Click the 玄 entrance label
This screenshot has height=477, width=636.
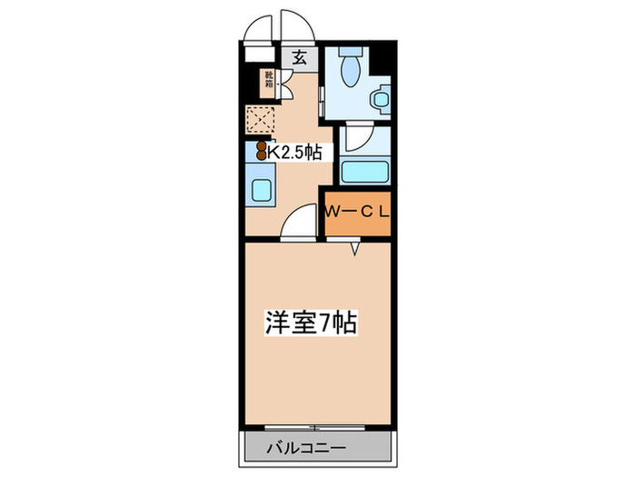(x=300, y=56)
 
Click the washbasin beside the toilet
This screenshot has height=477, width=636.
(x=380, y=97)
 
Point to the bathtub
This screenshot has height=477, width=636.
(x=364, y=171)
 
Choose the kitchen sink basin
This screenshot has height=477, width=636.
(x=262, y=191)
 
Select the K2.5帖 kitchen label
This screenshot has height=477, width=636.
(x=293, y=153)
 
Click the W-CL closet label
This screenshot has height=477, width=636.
(x=359, y=214)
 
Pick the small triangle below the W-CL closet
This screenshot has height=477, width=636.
(x=357, y=246)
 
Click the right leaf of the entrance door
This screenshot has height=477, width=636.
(x=296, y=26)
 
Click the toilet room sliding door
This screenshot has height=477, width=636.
(x=321, y=97)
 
